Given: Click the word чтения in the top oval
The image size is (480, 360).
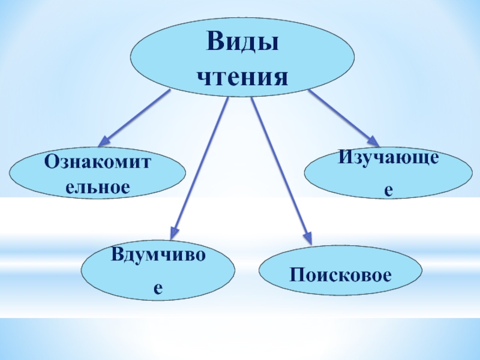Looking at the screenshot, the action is click(243, 77).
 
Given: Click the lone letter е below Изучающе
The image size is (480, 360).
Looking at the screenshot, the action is click(388, 189).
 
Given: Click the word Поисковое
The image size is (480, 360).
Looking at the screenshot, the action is click(340, 275).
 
